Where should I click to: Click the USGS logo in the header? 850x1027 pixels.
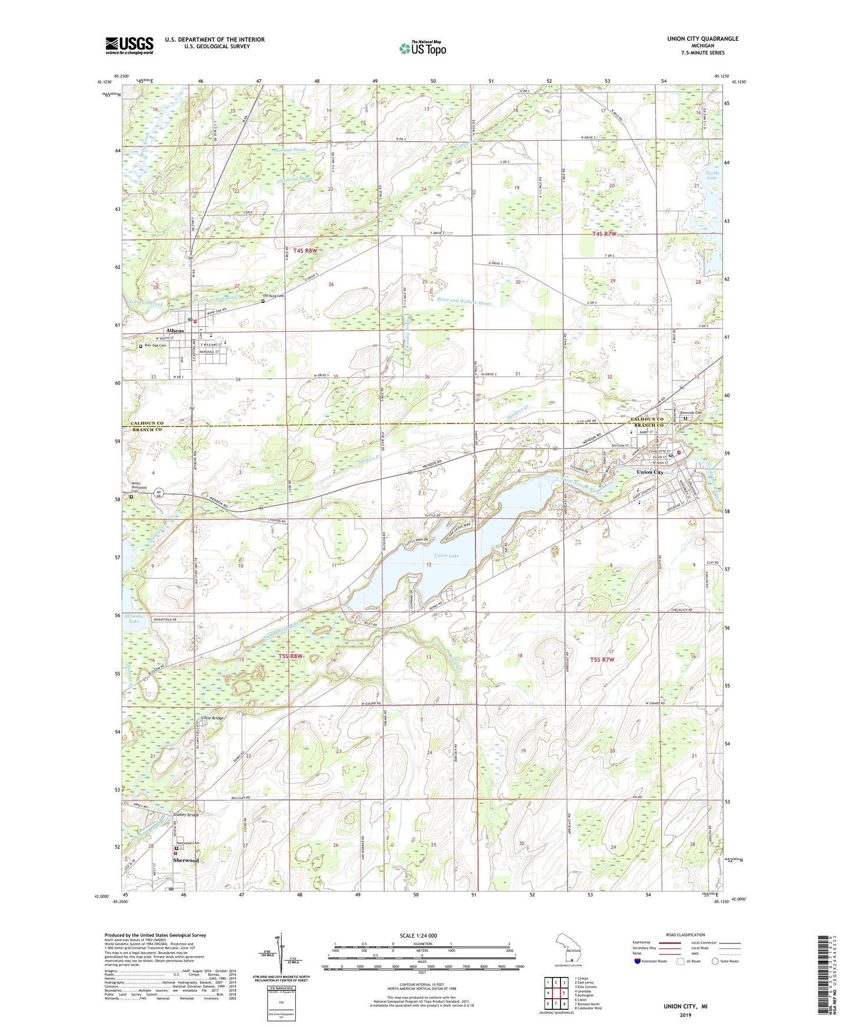[129, 45]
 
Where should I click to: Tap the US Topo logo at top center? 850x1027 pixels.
[422, 48]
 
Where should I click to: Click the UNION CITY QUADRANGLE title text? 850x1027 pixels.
[702, 39]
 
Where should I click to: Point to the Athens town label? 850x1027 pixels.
[175, 331]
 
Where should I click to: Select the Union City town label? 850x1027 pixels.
[650, 472]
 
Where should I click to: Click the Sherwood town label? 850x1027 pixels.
[185, 860]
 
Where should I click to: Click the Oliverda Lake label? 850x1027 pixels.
[135, 618]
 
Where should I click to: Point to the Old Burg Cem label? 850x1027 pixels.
[274, 296]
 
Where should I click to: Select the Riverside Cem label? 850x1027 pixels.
[691, 412]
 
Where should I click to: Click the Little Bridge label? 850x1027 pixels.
[212, 718]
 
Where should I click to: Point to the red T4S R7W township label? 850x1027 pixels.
[604, 234]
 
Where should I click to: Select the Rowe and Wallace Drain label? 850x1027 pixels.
[464, 303]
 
